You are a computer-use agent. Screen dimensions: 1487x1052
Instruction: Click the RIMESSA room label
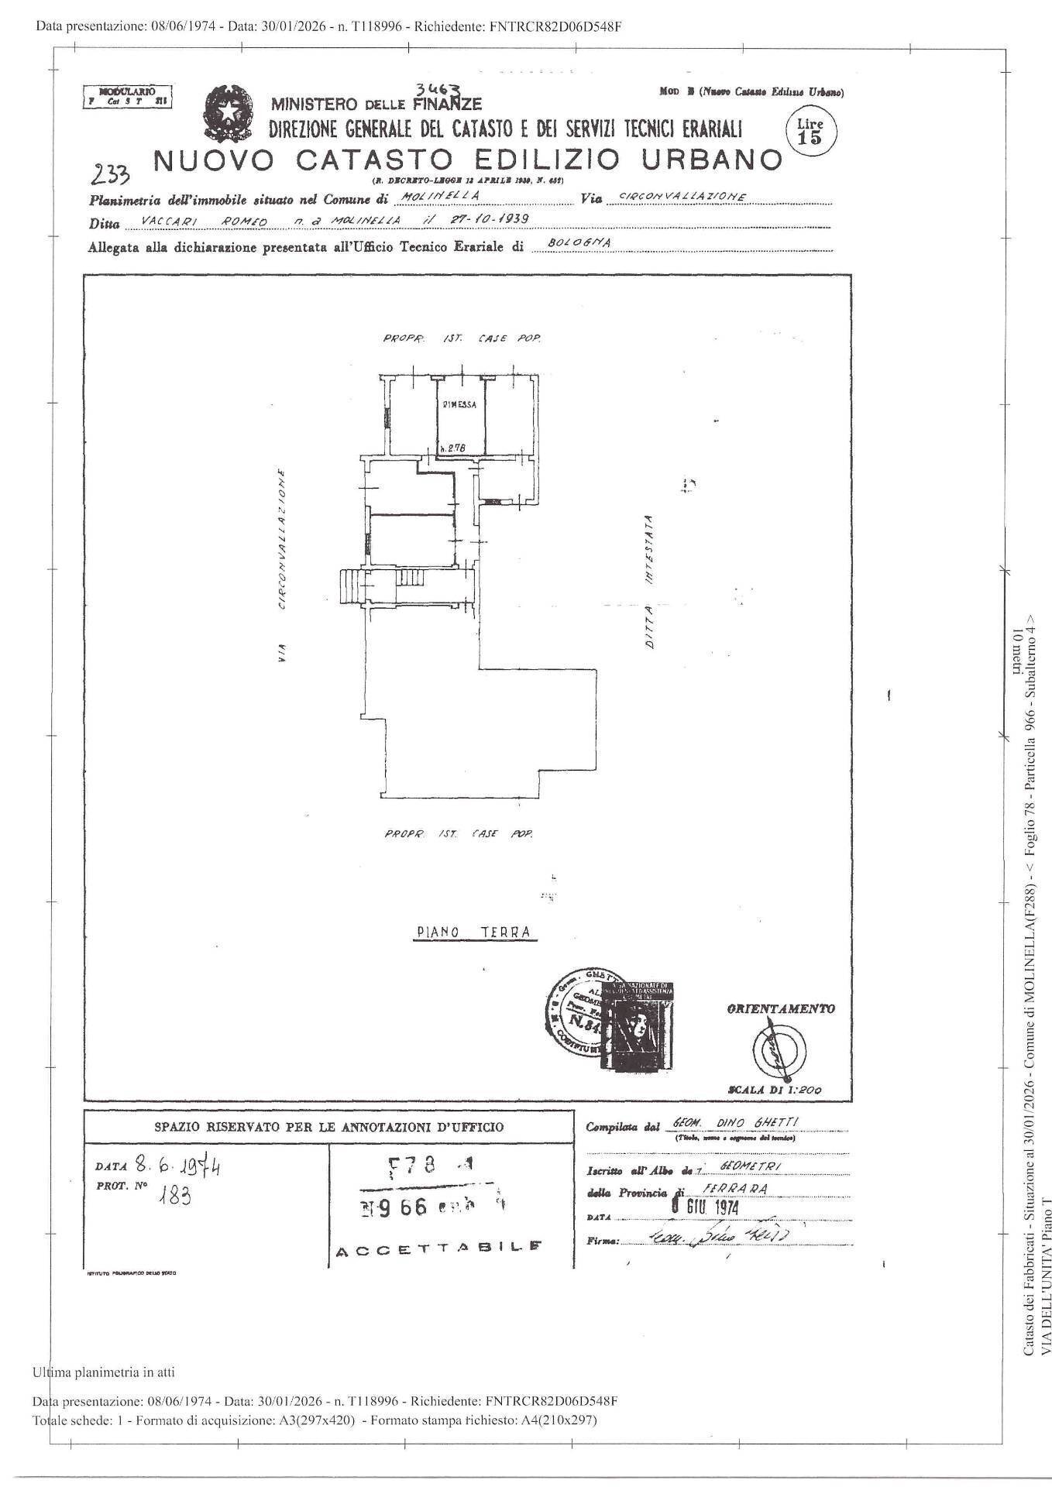click(459, 405)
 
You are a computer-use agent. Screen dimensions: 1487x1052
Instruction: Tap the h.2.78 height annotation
click(452, 448)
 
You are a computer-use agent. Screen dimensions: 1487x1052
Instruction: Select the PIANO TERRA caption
click(473, 932)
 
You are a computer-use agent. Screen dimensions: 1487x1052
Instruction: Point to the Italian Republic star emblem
click(228, 116)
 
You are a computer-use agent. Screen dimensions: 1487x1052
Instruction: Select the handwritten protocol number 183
click(174, 1195)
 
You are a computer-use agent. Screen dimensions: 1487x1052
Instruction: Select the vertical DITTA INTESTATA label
click(650, 582)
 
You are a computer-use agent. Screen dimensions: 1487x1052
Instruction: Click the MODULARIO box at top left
click(127, 97)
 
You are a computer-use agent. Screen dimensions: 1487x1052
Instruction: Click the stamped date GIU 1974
click(705, 1206)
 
